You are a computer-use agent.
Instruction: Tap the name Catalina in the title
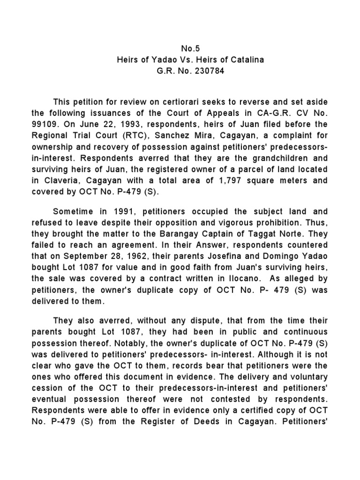coord(247,60)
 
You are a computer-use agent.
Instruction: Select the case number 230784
coord(206,72)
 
